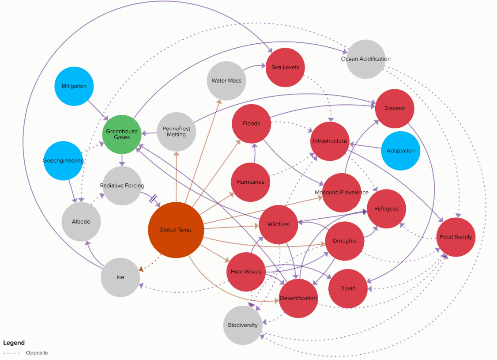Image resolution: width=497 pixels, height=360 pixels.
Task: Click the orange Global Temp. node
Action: (176, 230)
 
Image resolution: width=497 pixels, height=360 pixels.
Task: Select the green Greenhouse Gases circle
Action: (122, 134)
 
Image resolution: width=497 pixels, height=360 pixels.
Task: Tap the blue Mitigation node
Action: (74, 86)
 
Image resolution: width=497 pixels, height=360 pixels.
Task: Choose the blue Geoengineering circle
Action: (63, 160)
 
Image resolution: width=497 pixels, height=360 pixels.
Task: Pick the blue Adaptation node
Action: (400, 151)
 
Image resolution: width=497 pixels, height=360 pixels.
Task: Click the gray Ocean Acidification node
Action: (365, 59)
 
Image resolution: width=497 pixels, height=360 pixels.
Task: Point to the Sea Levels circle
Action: (285, 67)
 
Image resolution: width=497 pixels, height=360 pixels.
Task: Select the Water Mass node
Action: (226, 81)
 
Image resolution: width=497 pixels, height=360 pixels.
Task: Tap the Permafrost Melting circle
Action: (176, 132)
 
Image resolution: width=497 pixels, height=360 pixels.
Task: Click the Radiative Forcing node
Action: (122, 186)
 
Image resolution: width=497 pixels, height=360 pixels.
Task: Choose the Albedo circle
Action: (81, 221)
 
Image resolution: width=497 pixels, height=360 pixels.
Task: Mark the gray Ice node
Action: (120, 277)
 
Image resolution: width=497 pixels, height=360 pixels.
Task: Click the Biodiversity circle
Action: (243, 325)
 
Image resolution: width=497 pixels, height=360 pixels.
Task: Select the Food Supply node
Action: (456, 237)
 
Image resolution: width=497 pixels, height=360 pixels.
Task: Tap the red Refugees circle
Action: (386, 209)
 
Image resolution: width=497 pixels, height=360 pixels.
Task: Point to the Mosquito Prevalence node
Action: (341, 193)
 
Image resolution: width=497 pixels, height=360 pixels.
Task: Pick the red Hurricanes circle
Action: (250, 182)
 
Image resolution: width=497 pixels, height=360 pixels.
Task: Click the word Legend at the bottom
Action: (14, 343)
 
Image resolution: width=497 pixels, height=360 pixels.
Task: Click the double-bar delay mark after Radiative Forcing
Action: (153, 199)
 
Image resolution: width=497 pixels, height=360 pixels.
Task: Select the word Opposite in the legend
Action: (37, 353)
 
